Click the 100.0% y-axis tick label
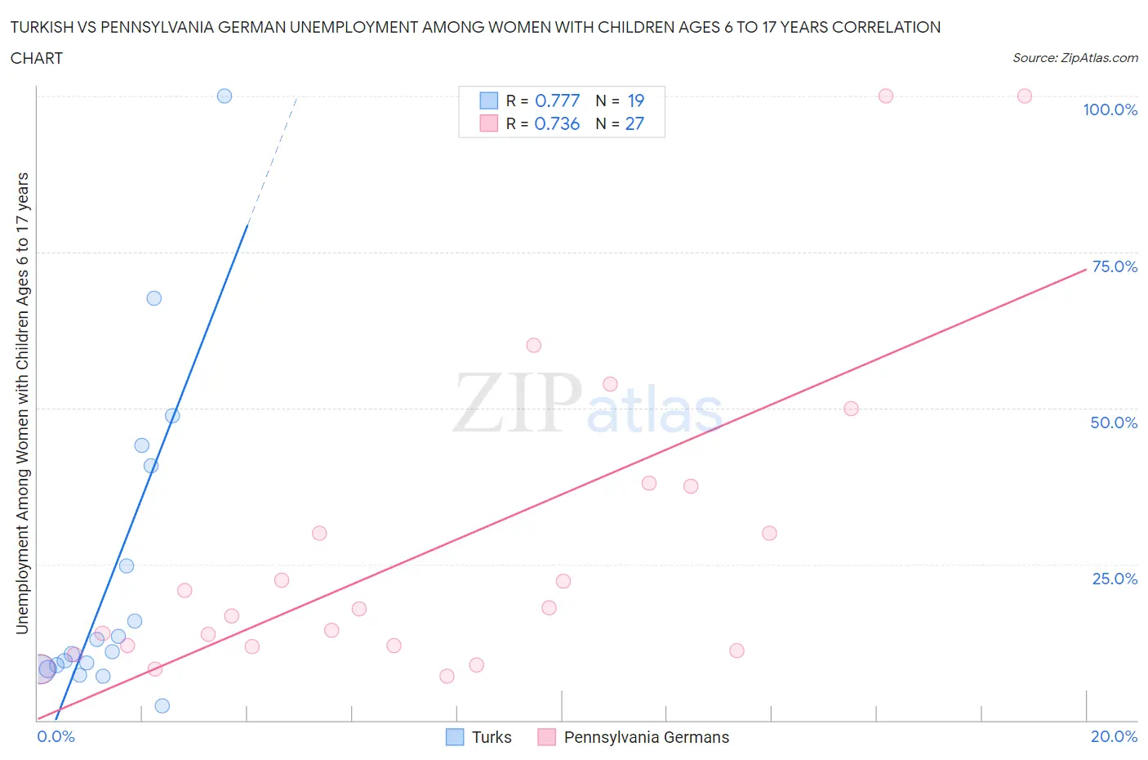tap(1110, 110)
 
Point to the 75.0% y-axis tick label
tap(1115, 266)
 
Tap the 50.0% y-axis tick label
tap(1114, 422)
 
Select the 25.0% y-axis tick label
tap(1115, 579)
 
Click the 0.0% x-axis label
tap(56, 736)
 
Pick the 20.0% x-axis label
tap(1114, 736)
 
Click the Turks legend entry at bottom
tap(479, 737)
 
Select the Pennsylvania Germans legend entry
tap(634, 737)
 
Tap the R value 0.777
tap(557, 101)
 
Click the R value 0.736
tap(557, 123)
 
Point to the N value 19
tap(635, 101)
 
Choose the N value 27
tap(634, 123)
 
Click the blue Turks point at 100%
tap(225, 96)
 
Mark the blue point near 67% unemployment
tap(154, 298)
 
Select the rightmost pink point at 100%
tap(1025, 96)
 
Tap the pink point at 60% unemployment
tap(534, 345)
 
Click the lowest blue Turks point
tap(162, 706)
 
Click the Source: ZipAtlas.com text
tap(1075, 58)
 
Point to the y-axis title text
tap(22, 403)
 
